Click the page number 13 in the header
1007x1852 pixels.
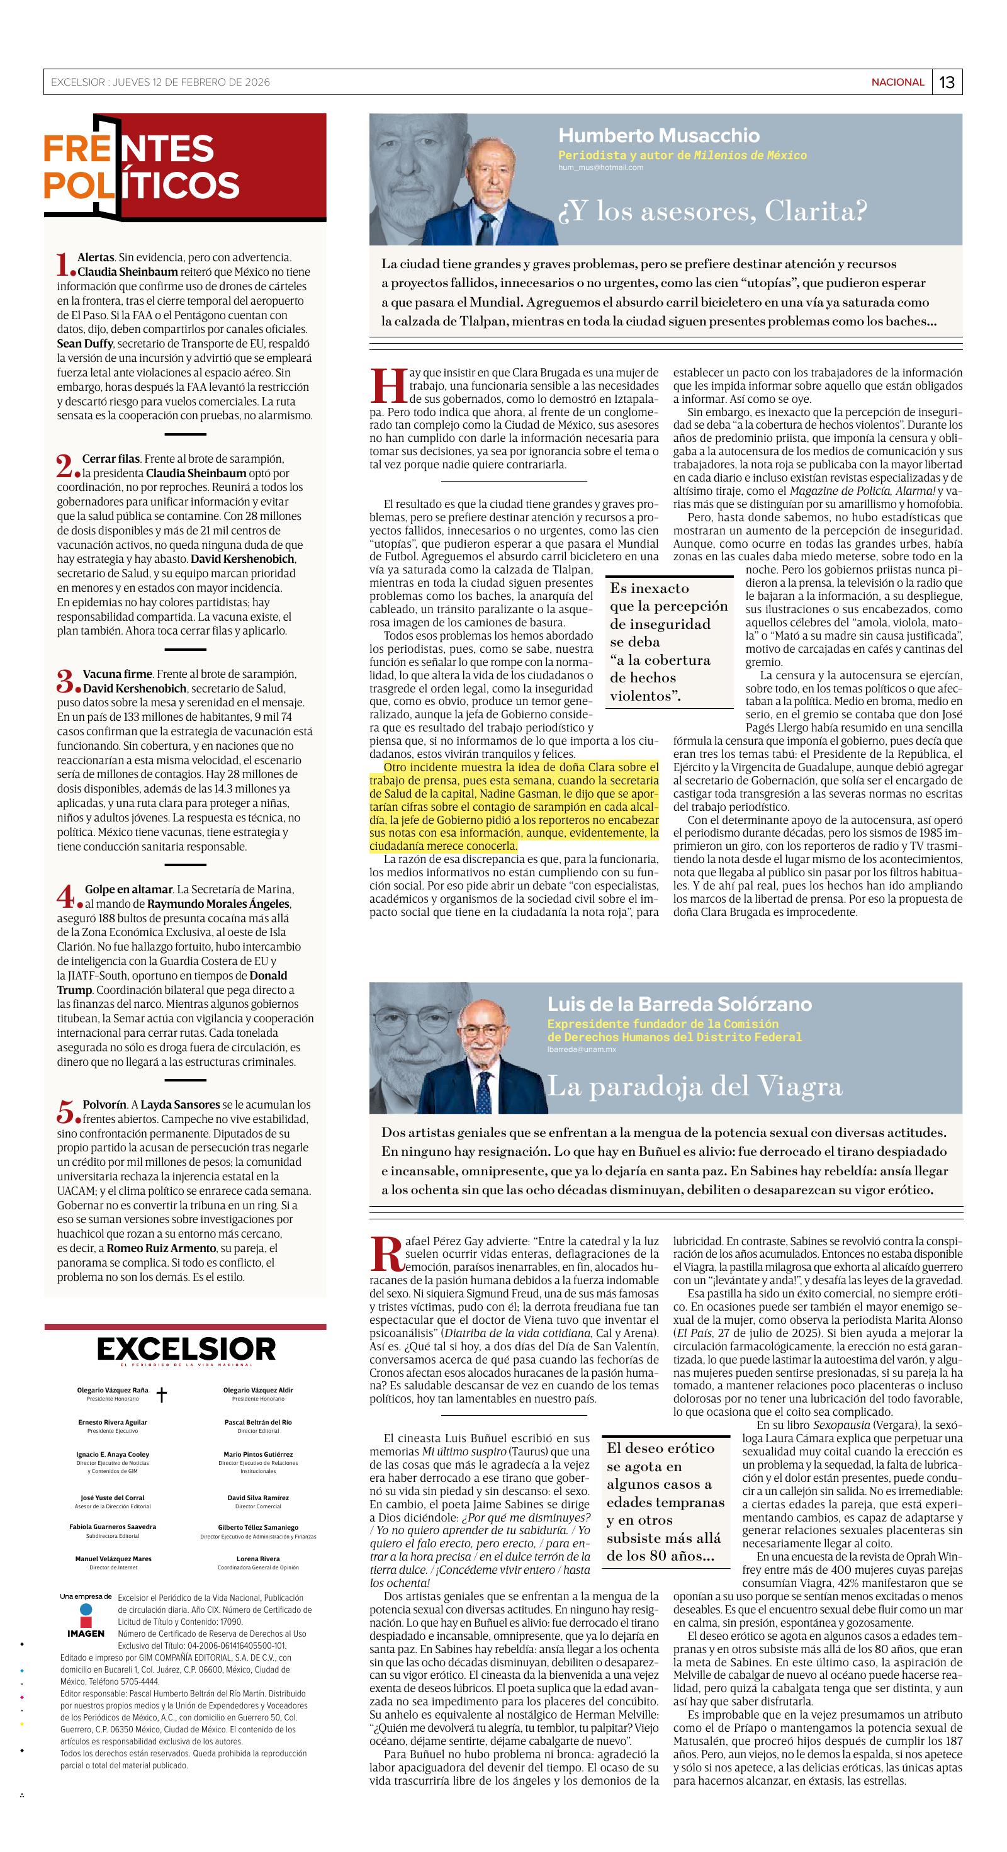[x=947, y=82]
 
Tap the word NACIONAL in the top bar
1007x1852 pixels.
[x=897, y=82]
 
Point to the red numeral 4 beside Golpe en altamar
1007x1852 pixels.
[x=65, y=896]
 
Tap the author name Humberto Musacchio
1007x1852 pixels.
[x=658, y=135]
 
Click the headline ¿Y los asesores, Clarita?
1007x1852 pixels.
[x=713, y=212]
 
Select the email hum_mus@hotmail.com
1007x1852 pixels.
[x=600, y=167]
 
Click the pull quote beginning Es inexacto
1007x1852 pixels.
[x=658, y=641]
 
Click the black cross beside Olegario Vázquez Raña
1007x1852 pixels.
[x=162, y=1396]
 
